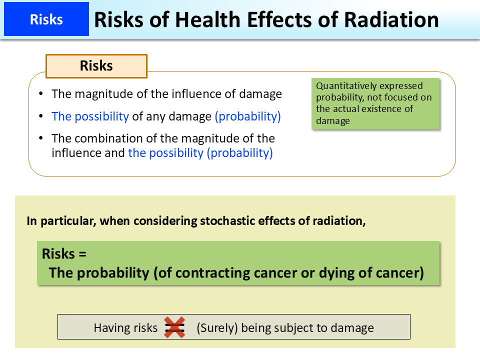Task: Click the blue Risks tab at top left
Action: [x=46, y=19]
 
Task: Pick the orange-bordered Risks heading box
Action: [x=96, y=66]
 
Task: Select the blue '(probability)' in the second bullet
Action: [x=247, y=116]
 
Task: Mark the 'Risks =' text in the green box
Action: [x=64, y=253]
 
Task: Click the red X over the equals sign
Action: [x=174, y=328]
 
